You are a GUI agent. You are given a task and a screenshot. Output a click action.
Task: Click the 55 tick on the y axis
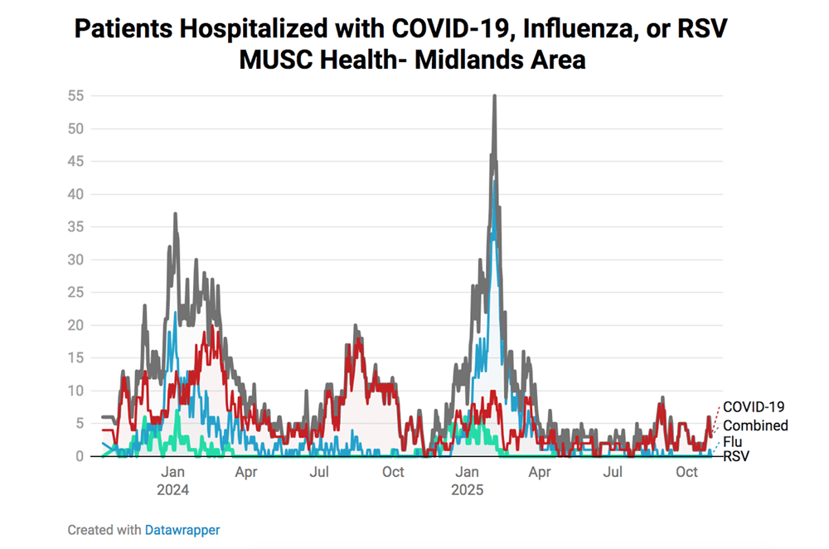(x=76, y=96)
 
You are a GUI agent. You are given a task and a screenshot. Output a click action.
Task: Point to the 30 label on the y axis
(x=76, y=260)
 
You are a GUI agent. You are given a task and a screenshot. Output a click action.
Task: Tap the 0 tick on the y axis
(x=80, y=456)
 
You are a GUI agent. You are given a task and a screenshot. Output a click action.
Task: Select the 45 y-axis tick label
(x=76, y=162)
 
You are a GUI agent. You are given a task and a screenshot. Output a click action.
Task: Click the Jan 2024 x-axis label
(x=173, y=481)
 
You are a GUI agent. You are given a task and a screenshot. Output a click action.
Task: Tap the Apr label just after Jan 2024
(x=245, y=473)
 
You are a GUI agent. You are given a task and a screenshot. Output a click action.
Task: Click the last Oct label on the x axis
(x=686, y=473)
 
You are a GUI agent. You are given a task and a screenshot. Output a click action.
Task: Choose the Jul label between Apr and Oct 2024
(x=320, y=473)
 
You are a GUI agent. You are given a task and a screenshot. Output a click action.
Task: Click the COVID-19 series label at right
(x=754, y=406)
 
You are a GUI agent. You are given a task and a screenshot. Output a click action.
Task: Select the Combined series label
(x=755, y=425)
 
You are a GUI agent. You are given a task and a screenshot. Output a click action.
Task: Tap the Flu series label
(x=733, y=442)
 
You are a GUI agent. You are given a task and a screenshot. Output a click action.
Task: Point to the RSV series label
(x=736, y=456)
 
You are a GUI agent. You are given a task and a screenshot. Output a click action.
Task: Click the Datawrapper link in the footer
(x=182, y=529)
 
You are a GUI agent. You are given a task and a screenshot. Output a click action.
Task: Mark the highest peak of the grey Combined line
(x=494, y=97)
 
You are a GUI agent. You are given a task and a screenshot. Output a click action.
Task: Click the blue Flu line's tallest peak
(x=494, y=184)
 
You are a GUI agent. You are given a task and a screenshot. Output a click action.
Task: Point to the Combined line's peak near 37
(x=175, y=215)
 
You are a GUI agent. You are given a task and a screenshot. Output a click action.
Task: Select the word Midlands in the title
(x=448, y=61)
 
